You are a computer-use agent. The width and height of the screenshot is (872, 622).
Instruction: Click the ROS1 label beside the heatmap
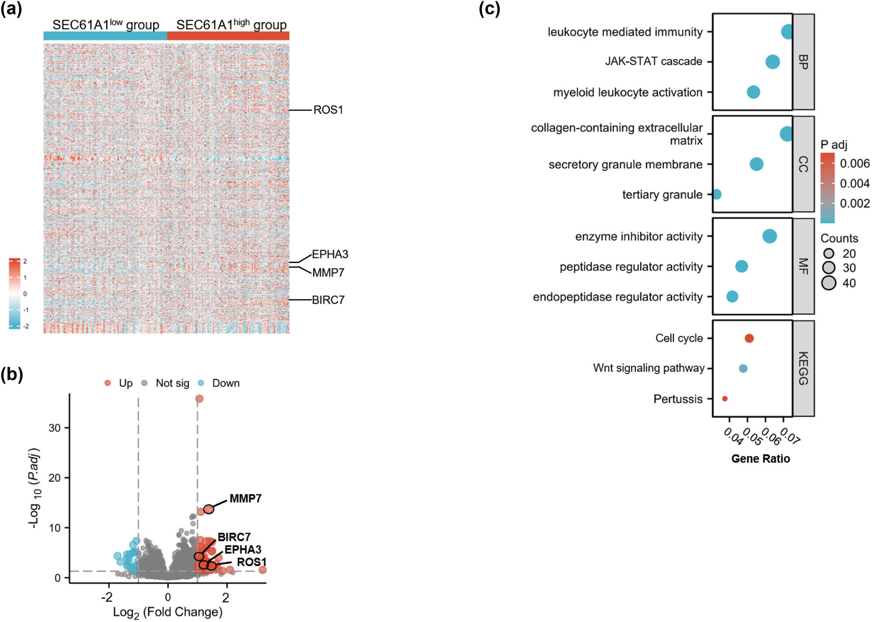coord(328,110)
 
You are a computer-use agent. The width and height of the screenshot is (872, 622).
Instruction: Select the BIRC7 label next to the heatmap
coord(328,300)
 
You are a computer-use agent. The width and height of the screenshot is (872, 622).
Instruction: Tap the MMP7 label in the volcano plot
coord(245,498)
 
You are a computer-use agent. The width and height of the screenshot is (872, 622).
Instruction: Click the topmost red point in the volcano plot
coord(199,399)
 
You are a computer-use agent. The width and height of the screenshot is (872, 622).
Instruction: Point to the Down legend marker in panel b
coord(201,383)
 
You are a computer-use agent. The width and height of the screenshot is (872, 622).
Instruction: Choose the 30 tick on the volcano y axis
coord(55,428)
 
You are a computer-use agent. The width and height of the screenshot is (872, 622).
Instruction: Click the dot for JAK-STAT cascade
coord(772,62)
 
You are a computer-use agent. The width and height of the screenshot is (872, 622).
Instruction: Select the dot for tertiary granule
coord(716,194)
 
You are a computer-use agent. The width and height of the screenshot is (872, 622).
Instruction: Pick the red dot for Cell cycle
coord(749,338)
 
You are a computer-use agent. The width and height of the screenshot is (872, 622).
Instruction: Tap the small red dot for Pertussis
coord(725,399)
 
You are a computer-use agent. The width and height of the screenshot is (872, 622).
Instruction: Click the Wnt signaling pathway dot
coord(743,368)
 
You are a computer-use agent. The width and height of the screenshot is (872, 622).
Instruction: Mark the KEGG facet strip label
coord(803,368)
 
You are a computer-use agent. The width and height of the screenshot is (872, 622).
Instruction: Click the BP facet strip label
coord(803,62)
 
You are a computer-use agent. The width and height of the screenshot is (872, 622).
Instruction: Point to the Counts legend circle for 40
coord(829,283)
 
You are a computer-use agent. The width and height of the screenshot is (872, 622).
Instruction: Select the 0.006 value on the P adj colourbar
coord(855,163)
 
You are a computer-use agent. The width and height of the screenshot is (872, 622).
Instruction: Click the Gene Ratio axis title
coord(761,459)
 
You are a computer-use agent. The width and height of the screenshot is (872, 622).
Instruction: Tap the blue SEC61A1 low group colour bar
coord(105,36)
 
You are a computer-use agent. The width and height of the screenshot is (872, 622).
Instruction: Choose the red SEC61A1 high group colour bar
coord(228,36)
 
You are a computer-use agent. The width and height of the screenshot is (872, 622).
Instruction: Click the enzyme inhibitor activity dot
coord(769,236)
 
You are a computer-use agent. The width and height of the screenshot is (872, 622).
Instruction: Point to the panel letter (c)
coord(489,9)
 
